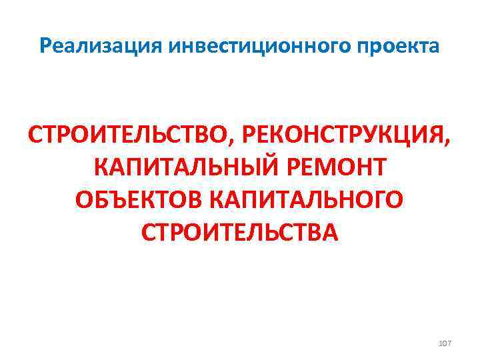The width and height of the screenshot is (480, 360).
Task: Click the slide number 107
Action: click(445, 343)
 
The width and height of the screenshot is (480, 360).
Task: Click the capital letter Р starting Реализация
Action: click(45, 47)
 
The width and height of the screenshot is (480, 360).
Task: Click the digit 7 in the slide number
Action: click(449, 343)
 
